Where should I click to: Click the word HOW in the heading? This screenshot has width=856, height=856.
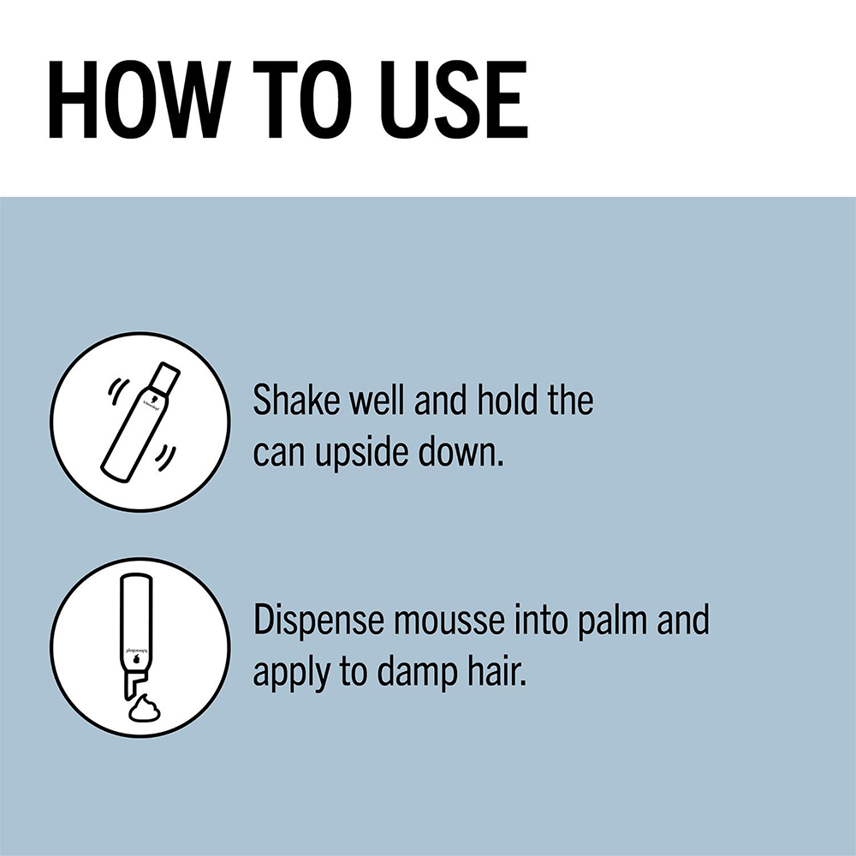tap(136, 99)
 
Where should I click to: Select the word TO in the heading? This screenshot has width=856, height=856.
tap(302, 99)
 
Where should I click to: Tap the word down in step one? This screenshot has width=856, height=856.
tap(460, 452)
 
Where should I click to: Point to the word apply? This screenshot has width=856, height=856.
tap(291, 675)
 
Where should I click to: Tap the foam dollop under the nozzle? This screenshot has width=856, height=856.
tap(146, 707)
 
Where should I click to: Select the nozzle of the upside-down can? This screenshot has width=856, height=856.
tap(134, 682)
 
